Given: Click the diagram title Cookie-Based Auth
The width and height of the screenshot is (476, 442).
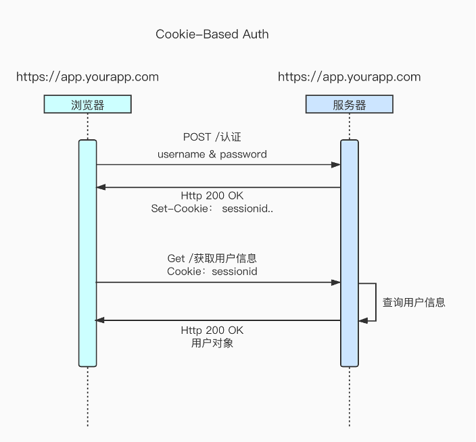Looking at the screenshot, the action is tap(212, 34).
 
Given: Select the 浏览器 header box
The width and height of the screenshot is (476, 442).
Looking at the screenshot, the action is tap(87, 104).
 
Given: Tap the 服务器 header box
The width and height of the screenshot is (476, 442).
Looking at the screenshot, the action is tap(349, 104).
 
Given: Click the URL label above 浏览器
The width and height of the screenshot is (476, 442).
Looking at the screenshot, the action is tap(87, 77).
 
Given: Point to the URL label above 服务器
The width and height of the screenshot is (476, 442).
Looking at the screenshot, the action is tap(349, 77).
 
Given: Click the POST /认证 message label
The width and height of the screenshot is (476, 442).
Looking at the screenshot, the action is tap(212, 137).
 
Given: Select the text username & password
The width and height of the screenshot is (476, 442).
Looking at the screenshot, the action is tap(212, 154).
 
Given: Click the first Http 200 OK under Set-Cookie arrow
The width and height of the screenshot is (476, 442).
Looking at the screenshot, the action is tap(212, 196).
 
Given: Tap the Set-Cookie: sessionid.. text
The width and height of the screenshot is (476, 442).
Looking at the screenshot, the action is tap(212, 209).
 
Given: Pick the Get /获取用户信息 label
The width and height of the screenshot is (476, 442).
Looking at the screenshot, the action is tap(212, 258).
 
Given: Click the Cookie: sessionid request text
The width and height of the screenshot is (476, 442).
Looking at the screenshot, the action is tap(212, 271).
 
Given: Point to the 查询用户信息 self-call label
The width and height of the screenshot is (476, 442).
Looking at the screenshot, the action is tap(414, 303).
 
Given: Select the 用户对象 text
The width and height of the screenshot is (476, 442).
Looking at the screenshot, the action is tap(212, 343).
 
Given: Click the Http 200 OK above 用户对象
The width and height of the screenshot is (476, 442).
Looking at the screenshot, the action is tap(212, 330).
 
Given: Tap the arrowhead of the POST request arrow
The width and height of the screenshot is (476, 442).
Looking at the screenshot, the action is tap(336, 165).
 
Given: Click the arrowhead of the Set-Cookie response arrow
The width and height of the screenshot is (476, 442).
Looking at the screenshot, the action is tap(101, 187).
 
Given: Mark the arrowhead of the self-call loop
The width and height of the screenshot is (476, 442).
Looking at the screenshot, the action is tap(363, 320).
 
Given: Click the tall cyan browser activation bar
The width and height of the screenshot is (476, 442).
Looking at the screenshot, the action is tap(87, 253).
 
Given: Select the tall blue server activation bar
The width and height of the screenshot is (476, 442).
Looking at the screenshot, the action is tap(349, 253).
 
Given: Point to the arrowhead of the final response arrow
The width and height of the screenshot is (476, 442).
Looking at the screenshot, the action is tap(100, 320).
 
